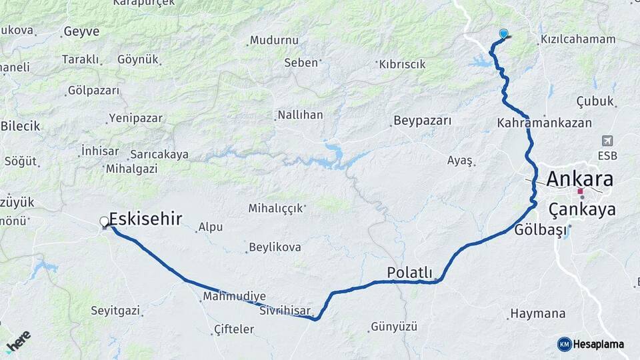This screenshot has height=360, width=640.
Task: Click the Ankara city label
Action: [x=579, y=179]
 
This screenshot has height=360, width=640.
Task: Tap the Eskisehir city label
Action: [x=145, y=218]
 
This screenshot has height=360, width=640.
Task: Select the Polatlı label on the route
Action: [x=409, y=272]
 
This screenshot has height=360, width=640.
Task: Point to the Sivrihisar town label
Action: [x=285, y=311]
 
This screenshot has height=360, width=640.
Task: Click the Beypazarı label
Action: [x=423, y=121]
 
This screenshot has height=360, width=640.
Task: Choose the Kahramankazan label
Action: [x=545, y=123]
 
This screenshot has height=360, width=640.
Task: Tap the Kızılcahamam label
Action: [x=578, y=39]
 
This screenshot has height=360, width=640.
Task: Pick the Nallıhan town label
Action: [x=300, y=115]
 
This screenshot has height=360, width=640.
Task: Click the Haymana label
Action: [x=537, y=313]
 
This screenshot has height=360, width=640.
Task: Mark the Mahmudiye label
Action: [x=235, y=296]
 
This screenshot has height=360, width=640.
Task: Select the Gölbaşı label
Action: [x=540, y=231]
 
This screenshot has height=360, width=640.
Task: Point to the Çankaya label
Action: [x=582, y=210]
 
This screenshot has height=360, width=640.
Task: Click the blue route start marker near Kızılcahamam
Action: [x=503, y=33]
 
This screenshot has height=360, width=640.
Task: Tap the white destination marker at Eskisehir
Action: [x=105, y=222]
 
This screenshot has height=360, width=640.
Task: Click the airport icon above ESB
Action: [x=607, y=141]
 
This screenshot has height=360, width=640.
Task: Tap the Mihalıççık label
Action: [x=277, y=208]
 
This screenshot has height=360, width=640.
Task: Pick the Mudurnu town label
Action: [x=274, y=40]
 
